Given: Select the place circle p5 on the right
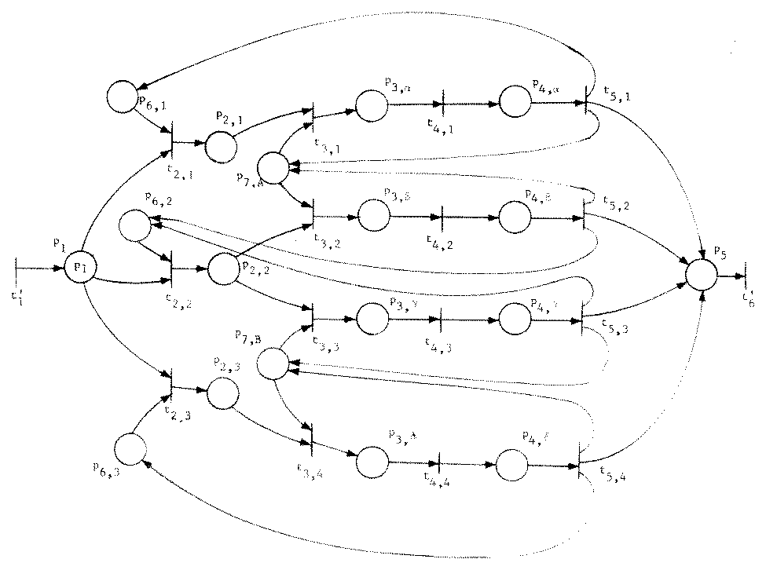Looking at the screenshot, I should click(x=701, y=276).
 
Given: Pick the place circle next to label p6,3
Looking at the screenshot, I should click(x=130, y=449).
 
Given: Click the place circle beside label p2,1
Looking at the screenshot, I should click(x=222, y=144).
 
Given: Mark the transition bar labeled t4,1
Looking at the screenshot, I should click(x=442, y=103).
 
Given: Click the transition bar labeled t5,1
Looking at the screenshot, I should click(x=586, y=103).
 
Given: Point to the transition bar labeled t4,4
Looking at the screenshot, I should click(x=439, y=465).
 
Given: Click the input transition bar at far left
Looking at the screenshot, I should click(x=16, y=269).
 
